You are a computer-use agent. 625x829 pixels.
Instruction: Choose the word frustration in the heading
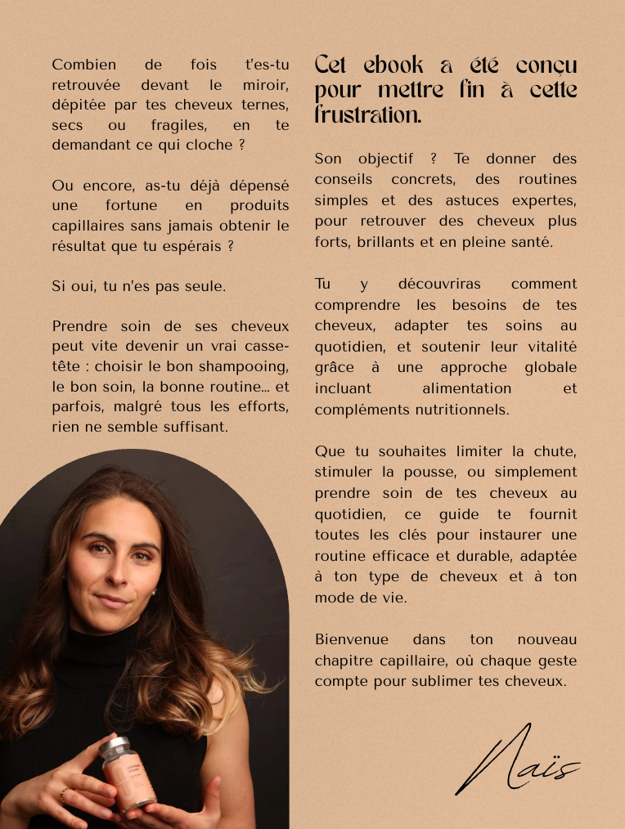pos(368,115)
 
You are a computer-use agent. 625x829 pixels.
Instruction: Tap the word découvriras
pos(439,284)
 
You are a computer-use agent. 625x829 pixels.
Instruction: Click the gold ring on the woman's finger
pos(63,793)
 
